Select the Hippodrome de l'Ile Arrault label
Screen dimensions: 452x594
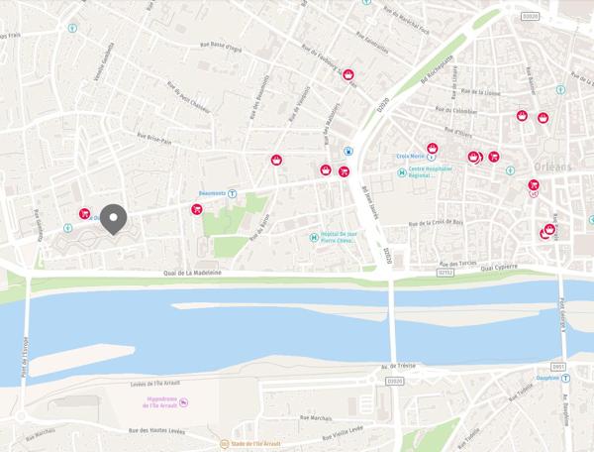click(158, 401)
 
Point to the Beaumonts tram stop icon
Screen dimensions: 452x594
click(233, 193)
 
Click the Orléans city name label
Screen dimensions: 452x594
click(552, 166)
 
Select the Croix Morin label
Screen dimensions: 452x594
click(410, 157)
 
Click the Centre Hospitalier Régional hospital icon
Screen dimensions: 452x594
click(402, 172)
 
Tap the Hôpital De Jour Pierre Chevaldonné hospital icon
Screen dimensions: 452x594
click(314, 237)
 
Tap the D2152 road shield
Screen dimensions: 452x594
click(445, 271)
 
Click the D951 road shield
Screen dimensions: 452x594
click(558, 366)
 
